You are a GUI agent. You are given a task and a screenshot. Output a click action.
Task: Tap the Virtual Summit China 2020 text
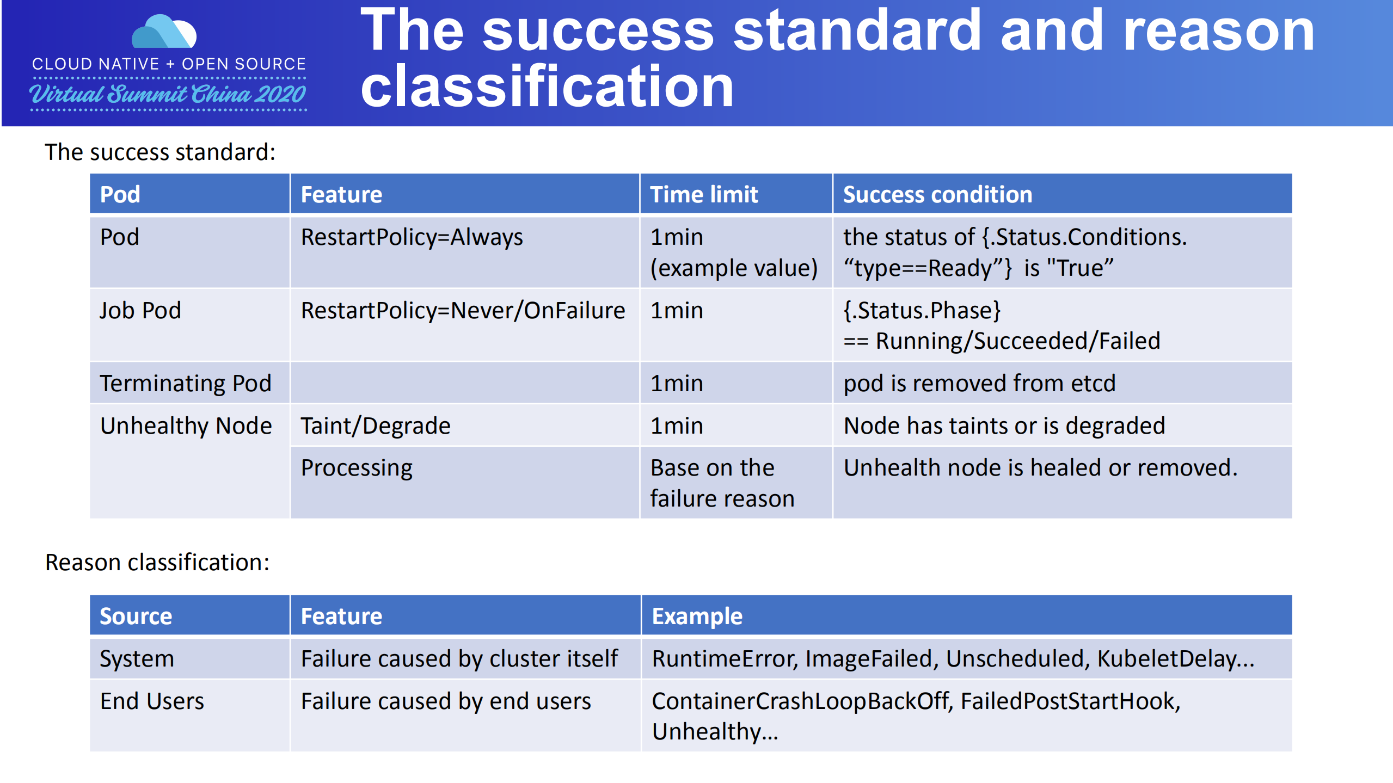(x=168, y=94)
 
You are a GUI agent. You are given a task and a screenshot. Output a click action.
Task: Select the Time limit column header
(x=703, y=194)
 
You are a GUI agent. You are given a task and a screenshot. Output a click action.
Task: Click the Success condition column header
(x=937, y=194)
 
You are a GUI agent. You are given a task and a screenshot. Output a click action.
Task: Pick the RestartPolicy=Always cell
(x=412, y=237)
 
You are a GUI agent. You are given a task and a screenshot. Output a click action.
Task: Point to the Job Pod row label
(x=140, y=311)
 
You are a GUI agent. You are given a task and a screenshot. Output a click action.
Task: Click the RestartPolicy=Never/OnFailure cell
(x=463, y=311)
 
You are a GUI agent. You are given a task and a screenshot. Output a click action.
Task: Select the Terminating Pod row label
(x=185, y=383)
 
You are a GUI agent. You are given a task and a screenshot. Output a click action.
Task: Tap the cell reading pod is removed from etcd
(x=979, y=383)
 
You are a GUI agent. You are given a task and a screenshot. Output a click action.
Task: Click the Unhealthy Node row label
(x=186, y=426)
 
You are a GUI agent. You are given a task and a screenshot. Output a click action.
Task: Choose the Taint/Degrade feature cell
(x=375, y=426)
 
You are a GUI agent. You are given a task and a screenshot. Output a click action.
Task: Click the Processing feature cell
(x=357, y=468)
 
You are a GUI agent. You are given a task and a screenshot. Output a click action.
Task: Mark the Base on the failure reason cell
(x=722, y=483)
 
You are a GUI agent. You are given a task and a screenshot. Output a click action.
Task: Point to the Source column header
(x=136, y=616)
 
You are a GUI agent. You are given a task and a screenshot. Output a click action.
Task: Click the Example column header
(x=697, y=616)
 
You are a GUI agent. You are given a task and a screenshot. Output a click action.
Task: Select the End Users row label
(x=152, y=701)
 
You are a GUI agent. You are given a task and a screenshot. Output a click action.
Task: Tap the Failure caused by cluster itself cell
(x=459, y=658)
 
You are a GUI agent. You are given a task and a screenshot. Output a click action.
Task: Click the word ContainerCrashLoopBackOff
(x=800, y=701)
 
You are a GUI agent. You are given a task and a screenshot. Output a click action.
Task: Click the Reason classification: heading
(x=157, y=562)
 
